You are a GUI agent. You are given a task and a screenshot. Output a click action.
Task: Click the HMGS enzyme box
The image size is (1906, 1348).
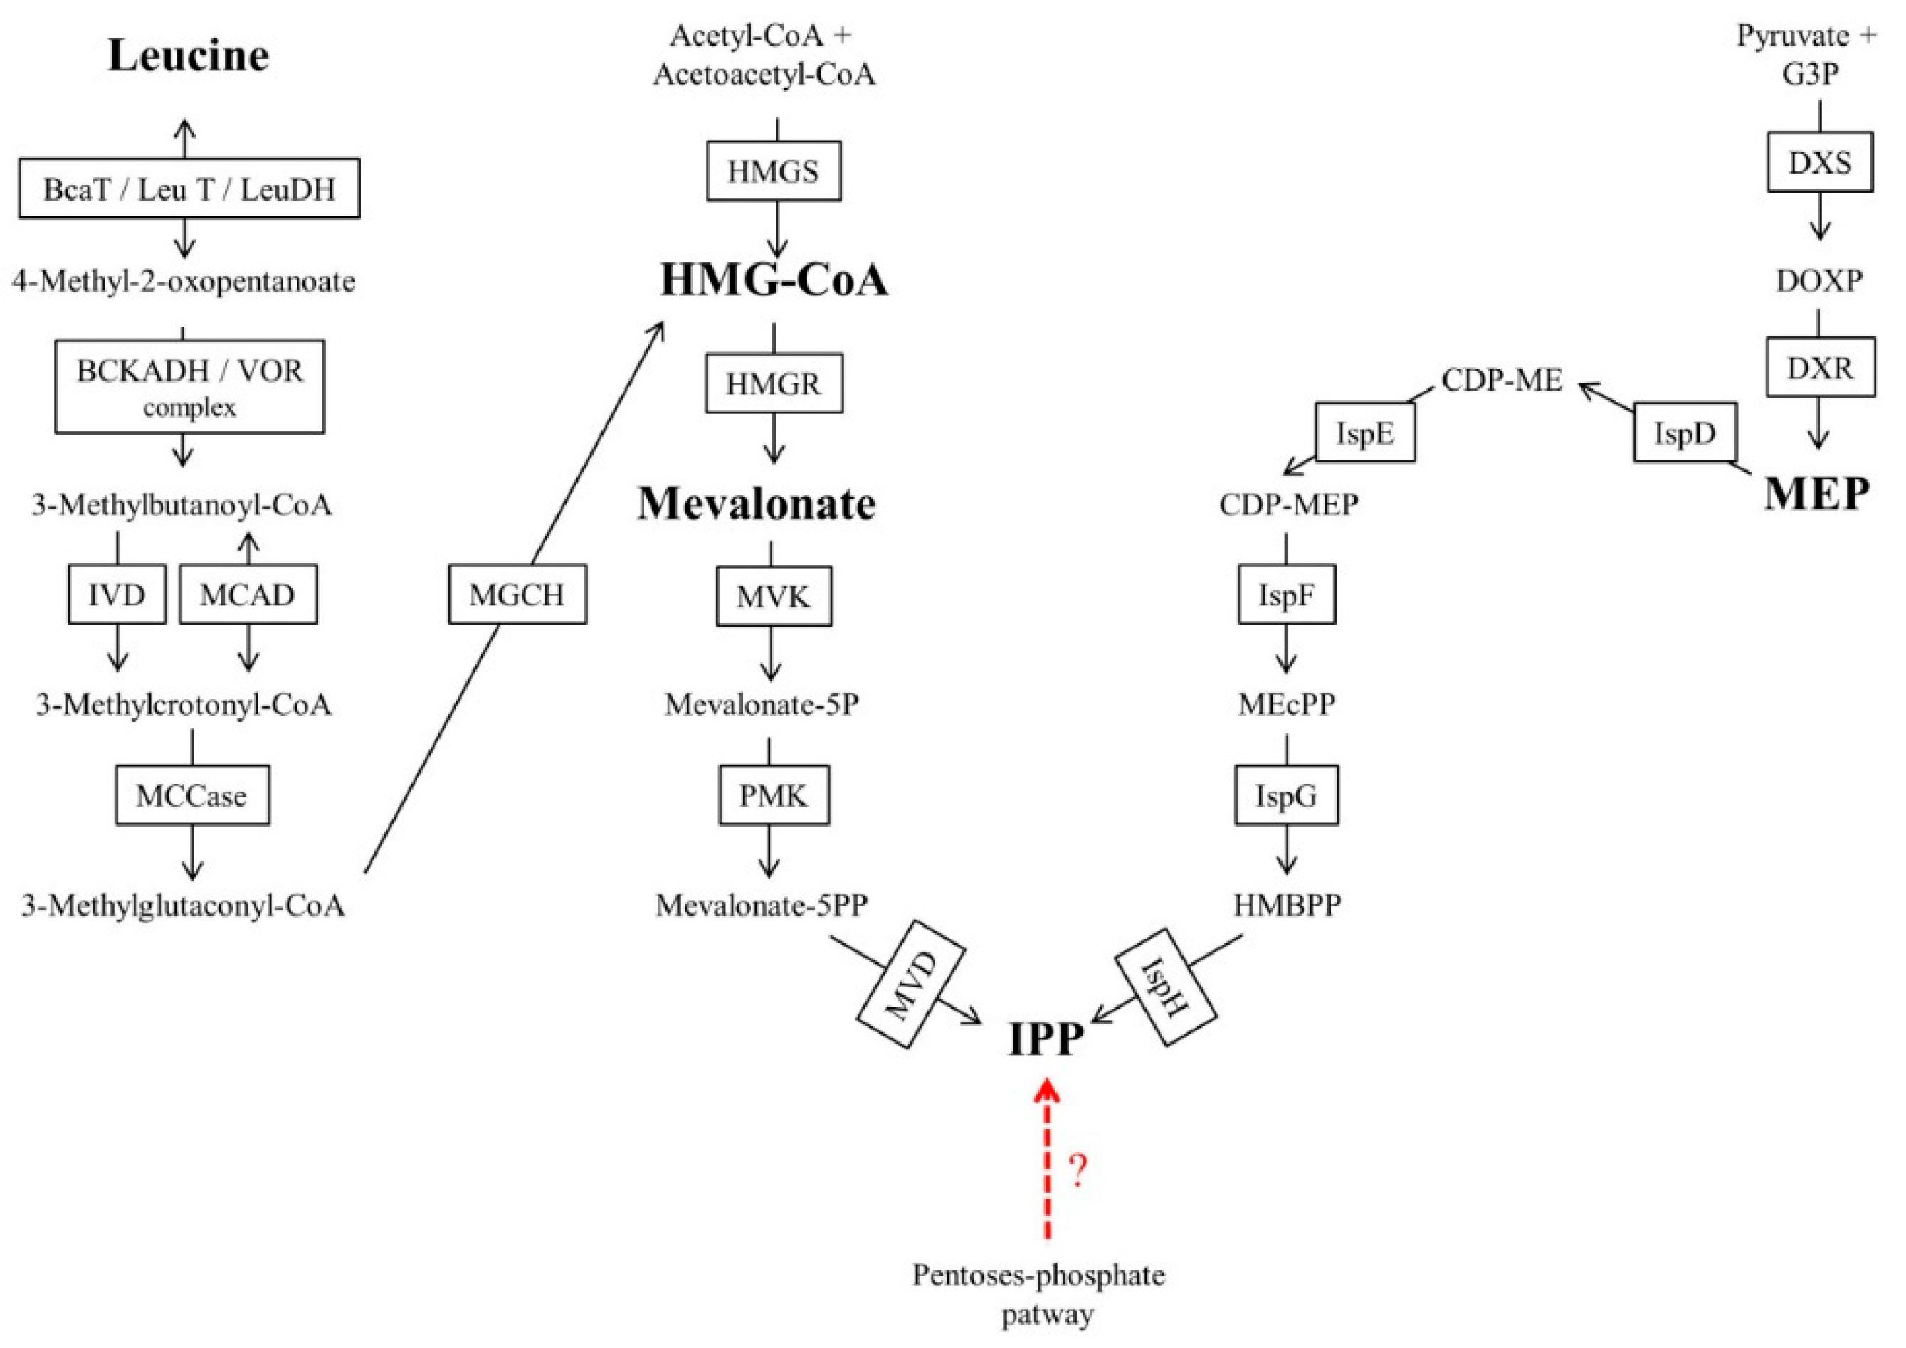point(773,171)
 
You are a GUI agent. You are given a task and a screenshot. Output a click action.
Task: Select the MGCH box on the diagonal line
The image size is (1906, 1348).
point(517,594)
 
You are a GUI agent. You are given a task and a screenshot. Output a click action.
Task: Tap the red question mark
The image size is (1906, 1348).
point(1077,1171)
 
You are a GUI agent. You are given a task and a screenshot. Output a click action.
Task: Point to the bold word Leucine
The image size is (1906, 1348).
point(189,55)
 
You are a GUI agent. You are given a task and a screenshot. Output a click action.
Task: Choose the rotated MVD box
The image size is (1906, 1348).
point(911,985)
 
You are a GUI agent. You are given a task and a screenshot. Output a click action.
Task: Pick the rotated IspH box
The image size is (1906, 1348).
point(1164,986)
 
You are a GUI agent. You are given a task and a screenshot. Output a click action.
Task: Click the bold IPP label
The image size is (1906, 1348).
point(1045,1039)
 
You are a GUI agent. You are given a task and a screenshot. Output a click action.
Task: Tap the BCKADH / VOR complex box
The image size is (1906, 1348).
point(189,386)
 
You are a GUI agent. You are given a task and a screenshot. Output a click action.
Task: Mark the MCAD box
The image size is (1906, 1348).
point(248,594)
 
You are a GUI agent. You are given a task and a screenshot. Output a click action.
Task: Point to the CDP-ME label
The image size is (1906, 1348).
point(1502,380)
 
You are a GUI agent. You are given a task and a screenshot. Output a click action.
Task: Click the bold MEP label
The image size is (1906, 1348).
point(1816,494)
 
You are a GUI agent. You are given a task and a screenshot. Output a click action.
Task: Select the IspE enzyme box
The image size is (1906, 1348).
point(1364,432)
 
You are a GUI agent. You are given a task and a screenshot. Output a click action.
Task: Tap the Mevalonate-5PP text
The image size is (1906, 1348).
point(762,905)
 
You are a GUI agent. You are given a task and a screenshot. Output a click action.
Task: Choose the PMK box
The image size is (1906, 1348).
point(773,795)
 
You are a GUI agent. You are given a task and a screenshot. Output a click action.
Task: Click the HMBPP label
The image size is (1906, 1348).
point(1287,905)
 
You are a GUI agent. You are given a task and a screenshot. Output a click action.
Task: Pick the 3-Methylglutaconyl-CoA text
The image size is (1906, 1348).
point(184,906)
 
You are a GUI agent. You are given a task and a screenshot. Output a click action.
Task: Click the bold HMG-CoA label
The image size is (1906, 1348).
point(773,280)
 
